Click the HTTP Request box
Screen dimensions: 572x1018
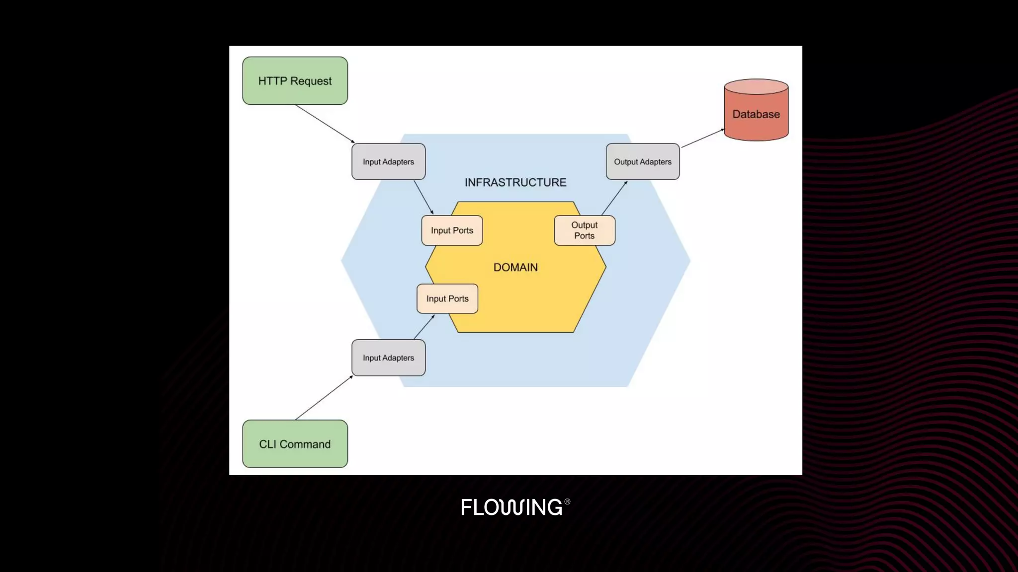click(x=295, y=81)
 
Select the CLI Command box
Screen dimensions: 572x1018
click(x=295, y=444)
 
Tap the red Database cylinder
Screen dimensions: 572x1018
click(x=756, y=115)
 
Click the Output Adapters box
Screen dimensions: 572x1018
click(x=642, y=162)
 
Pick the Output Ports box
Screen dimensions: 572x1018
click(x=584, y=230)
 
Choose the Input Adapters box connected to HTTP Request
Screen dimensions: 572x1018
click(x=388, y=162)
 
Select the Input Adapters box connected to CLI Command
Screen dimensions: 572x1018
click(x=388, y=358)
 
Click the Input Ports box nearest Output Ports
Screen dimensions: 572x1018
click(x=452, y=230)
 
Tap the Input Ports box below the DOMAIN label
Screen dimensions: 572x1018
click(x=447, y=299)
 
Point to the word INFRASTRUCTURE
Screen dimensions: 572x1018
click(x=515, y=183)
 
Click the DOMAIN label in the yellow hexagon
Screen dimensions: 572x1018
click(x=515, y=268)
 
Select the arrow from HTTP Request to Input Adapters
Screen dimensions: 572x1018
click(x=325, y=124)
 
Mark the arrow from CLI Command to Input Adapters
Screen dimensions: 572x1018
click(x=324, y=398)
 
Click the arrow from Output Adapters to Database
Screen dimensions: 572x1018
click(x=702, y=138)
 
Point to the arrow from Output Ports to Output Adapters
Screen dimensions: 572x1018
click(x=614, y=198)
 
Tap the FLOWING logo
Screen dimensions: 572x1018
click(x=512, y=507)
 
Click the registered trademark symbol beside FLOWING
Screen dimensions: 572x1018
click(x=567, y=501)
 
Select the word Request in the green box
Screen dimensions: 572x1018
click(x=311, y=81)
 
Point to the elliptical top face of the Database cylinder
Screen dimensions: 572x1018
click(x=756, y=86)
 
